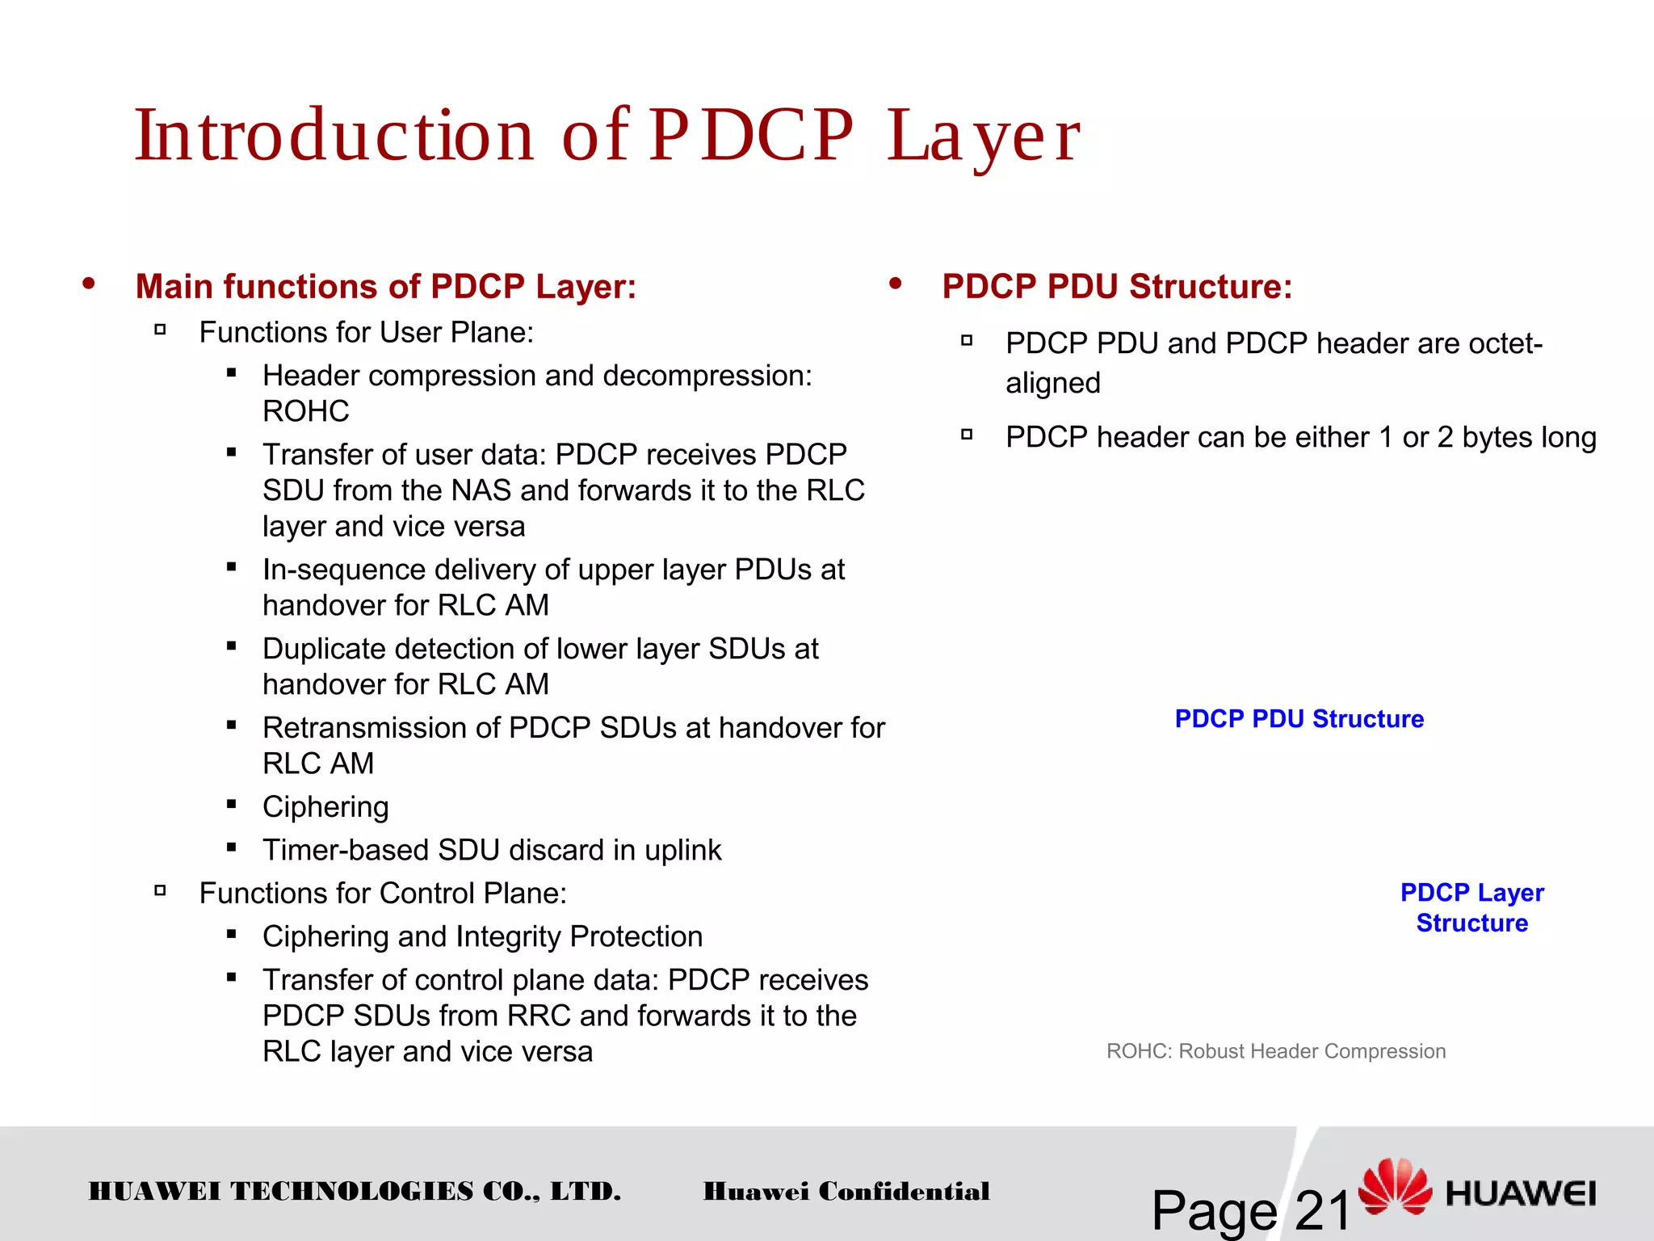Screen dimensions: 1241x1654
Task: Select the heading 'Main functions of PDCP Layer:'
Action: (x=386, y=287)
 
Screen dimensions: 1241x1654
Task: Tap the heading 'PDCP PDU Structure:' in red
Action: (x=1117, y=287)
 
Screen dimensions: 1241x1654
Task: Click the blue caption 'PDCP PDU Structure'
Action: (x=1299, y=719)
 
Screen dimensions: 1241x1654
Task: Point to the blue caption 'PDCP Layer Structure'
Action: (x=1471, y=907)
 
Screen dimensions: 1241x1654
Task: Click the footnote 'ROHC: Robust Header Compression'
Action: (x=1275, y=1051)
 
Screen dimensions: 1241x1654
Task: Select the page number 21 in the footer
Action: (x=1322, y=1209)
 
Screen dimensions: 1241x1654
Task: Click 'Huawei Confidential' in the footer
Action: (x=846, y=1191)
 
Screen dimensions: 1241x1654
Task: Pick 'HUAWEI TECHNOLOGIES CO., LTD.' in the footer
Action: (x=355, y=1191)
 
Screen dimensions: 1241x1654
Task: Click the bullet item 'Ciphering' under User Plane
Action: (x=325, y=807)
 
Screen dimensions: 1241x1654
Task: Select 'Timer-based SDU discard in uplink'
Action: (x=492, y=850)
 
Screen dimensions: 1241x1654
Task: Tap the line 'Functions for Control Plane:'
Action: (x=383, y=894)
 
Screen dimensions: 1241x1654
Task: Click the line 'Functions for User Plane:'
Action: (x=366, y=333)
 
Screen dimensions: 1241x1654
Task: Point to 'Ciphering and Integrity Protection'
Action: (x=482, y=936)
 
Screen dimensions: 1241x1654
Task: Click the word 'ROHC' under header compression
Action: (x=306, y=411)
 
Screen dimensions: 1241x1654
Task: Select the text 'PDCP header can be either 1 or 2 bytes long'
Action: (x=1300, y=437)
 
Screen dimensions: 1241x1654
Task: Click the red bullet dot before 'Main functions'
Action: (x=89, y=284)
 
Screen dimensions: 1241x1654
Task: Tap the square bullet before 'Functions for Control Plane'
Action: (x=160, y=891)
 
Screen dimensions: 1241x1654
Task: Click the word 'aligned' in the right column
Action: (x=1052, y=383)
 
